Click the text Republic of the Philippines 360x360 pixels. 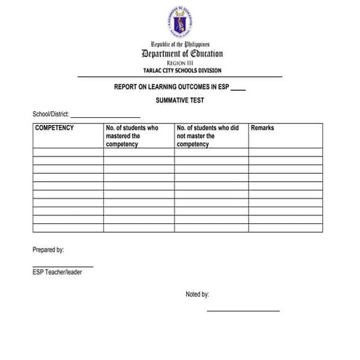click(180, 44)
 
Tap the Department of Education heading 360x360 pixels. click(182, 54)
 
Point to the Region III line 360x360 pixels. click(180, 64)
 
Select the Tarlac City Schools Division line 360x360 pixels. click(180, 71)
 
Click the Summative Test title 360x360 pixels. click(180, 100)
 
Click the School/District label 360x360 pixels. click(49, 115)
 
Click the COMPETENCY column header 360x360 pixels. click(55, 128)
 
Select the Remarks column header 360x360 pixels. click(263, 128)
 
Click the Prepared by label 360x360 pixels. click(49, 249)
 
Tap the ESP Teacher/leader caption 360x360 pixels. click(63, 273)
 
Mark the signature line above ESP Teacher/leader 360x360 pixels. click(63, 266)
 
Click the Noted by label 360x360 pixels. click(197, 295)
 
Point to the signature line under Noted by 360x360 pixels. click(243, 311)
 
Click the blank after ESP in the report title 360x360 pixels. click(237, 88)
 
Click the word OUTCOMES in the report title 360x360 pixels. click(186, 86)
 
